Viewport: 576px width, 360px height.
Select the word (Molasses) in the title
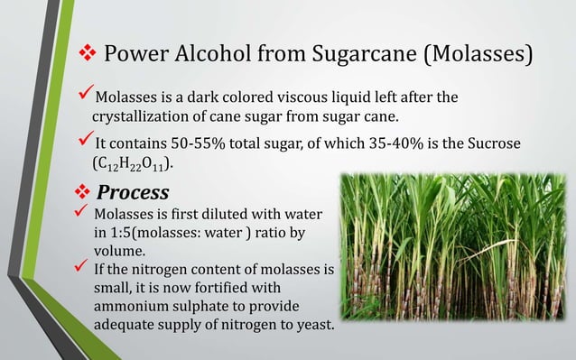tap(482, 55)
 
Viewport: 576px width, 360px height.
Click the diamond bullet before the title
tap(86, 55)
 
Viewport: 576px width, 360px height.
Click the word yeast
tap(312, 327)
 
